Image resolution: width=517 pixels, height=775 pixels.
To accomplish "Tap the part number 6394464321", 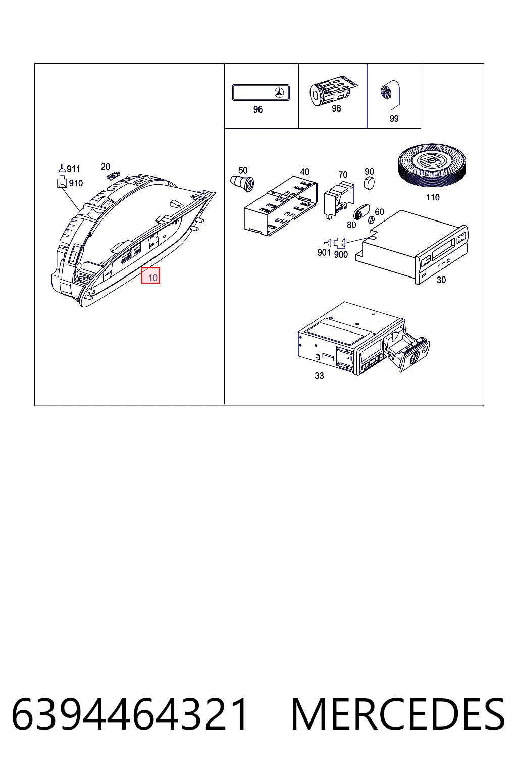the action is point(130,713).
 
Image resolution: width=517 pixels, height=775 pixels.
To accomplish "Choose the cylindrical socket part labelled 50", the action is point(242,183).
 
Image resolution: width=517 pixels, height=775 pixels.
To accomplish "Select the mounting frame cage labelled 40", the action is point(281,206).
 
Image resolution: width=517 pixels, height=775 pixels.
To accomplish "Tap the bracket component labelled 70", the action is point(339,200).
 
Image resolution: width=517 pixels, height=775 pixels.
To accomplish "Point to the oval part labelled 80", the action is point(361,211).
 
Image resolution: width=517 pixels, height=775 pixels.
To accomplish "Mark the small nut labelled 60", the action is point(371,219).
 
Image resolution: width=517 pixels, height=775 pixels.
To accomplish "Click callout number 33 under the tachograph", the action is point(319,376).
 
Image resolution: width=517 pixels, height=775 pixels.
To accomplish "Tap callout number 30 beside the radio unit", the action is point(441,280).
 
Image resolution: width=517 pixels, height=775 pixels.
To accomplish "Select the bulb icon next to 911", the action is point(62,168).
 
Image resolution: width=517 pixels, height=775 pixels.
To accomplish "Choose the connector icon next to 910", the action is point(62,182).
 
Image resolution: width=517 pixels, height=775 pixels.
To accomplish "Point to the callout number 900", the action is point(341,255).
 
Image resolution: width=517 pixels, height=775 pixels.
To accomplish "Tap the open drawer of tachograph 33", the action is point(408,350).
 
